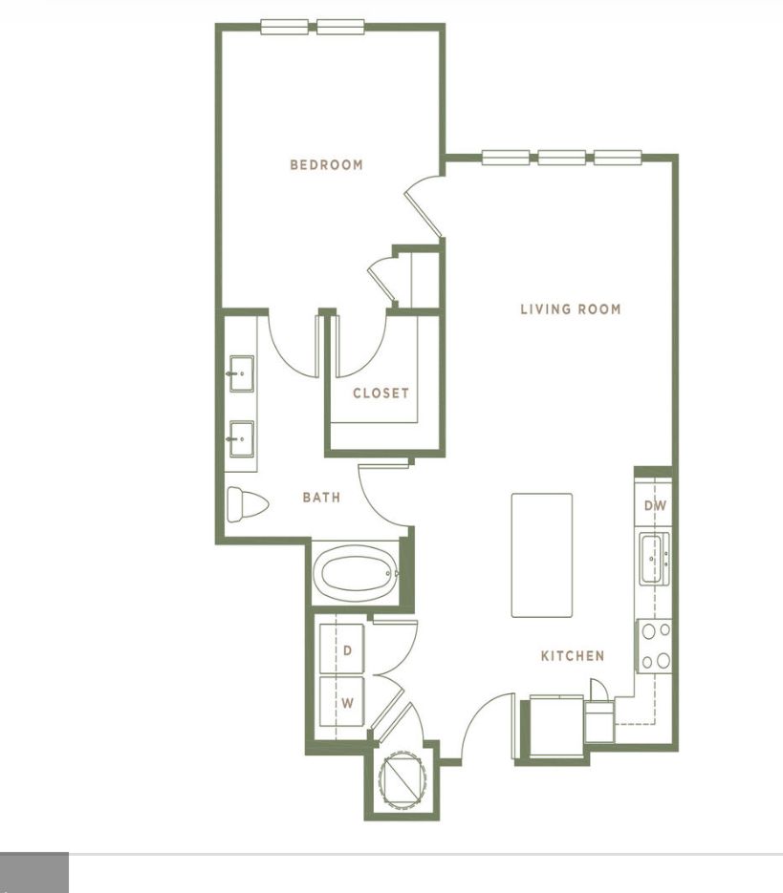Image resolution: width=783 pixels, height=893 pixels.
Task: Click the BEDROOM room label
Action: tap(326, 165)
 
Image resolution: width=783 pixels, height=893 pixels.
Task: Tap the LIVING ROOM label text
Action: tap(571, 309)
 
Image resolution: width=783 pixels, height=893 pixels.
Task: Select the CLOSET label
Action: tap(381, 393)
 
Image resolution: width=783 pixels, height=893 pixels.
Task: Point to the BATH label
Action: tap(321, 498)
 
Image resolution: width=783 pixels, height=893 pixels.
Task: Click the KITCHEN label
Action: tap(573, 656)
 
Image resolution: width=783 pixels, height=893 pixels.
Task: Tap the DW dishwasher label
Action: tap(655, 505)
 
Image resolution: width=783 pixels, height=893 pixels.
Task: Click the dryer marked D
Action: tap(341, 649)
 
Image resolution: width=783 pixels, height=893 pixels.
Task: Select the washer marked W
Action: tap(341, 702)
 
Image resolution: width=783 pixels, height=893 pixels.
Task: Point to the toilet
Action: tap(247, 504)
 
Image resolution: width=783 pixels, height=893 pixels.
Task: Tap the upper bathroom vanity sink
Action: tap(242, 373)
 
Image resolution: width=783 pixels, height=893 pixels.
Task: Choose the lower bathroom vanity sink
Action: tap(242, 438)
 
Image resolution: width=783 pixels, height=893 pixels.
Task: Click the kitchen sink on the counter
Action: tap(651, 559)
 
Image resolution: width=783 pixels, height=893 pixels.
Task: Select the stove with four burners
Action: tap(654, 647)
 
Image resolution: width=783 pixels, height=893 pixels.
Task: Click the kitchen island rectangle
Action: tap(542, 555)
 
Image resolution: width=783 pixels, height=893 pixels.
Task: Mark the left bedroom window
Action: tap(285, 27)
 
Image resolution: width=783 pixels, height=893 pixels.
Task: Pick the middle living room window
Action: tap(562, 158)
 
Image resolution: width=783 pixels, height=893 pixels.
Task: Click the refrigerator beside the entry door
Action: tap(556, 727)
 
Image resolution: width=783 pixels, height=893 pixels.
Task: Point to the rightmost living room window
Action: tap(618, 158)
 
